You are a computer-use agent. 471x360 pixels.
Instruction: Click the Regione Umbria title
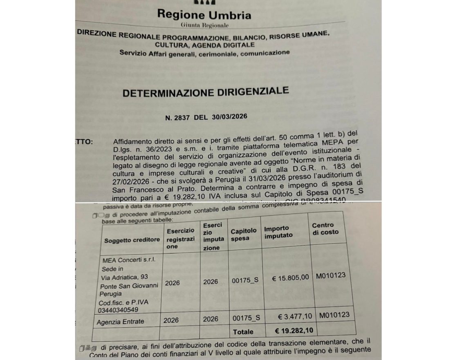(204, 15)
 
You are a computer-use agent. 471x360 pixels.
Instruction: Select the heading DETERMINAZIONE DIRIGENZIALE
(206, 92)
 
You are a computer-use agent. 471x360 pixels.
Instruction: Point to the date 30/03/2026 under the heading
(229, 116)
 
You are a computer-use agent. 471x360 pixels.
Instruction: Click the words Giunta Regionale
(204, 25)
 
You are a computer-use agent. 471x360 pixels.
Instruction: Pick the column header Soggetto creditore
(132, 240)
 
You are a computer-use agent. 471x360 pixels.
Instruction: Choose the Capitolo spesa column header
(244, 234)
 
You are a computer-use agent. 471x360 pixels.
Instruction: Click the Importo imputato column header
(278, 232)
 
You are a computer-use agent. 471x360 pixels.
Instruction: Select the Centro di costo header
(325, 228)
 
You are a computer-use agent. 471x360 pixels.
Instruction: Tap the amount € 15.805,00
(290, 279)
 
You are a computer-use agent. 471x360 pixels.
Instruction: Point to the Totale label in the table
(243, 332)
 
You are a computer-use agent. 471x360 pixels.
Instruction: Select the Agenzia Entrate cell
(120, 322)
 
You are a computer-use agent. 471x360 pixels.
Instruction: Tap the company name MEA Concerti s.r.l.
(125, 260)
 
